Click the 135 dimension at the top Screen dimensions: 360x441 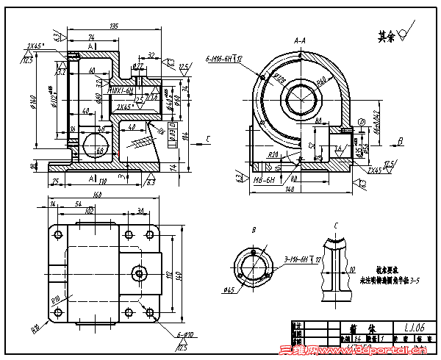pos(114,26)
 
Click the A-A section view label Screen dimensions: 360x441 pos(301,40)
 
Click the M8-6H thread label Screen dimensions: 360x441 pos(264,179)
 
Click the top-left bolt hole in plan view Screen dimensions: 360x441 pos(55,234)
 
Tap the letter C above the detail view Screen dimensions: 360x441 pos(336,225)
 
